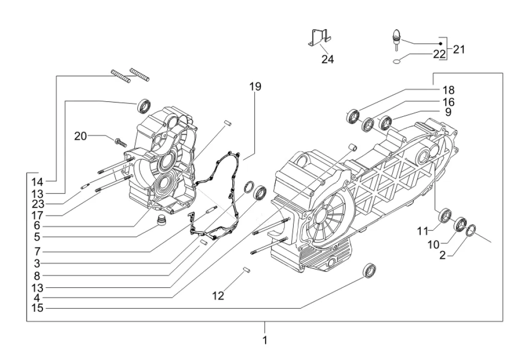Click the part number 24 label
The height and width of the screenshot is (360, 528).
tap(328, 59)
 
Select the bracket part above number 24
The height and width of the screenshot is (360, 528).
tap(318, 38)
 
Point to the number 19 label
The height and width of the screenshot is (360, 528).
tap(255, 87)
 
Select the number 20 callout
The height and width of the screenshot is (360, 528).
tap(81, 136)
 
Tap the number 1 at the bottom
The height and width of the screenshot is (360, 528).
tap(265, 340)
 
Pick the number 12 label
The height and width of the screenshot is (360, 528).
tap(218, 296)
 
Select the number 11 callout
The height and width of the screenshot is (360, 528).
tap(422, 231)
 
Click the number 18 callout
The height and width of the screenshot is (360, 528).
tap(449, 91)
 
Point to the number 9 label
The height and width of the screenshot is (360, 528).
tap(448, 112)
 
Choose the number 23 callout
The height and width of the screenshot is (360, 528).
tap(36, 203)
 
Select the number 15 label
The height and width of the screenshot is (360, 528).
tap(36, 308)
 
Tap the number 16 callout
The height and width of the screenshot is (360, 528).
tap(449, 101)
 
